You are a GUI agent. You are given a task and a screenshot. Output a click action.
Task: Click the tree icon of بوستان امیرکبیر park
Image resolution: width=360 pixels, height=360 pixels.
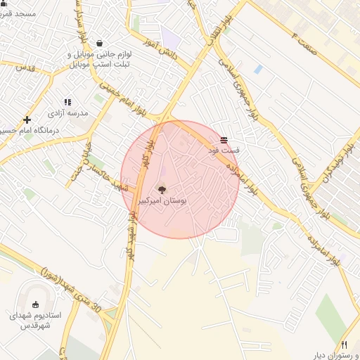point(162,188)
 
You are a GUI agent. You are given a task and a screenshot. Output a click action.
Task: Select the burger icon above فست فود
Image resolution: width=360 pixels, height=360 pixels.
point(224,140)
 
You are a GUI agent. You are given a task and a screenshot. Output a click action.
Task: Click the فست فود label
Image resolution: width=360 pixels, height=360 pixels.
point(224,150)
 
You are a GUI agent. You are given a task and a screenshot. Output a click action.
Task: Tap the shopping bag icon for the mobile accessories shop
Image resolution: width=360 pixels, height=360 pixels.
point(98,43)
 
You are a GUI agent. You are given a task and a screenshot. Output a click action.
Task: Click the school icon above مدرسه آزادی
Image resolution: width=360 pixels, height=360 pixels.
point(67,103)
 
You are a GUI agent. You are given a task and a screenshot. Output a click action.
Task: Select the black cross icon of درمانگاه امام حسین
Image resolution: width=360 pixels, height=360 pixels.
point(27,120)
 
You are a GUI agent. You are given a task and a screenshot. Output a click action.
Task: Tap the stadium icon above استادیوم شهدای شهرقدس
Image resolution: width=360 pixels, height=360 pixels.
point(36,304)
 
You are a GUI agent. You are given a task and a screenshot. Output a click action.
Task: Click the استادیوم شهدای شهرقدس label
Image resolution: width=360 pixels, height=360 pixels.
point(35,321)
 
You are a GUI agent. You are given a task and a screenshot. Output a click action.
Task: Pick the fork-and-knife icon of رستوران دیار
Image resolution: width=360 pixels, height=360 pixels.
point(344,345)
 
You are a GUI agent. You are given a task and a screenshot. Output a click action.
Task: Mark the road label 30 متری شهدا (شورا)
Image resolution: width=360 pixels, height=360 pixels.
point(70,288)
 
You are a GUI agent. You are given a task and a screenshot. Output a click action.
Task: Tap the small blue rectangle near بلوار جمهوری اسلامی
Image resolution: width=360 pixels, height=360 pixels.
point(259,70)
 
